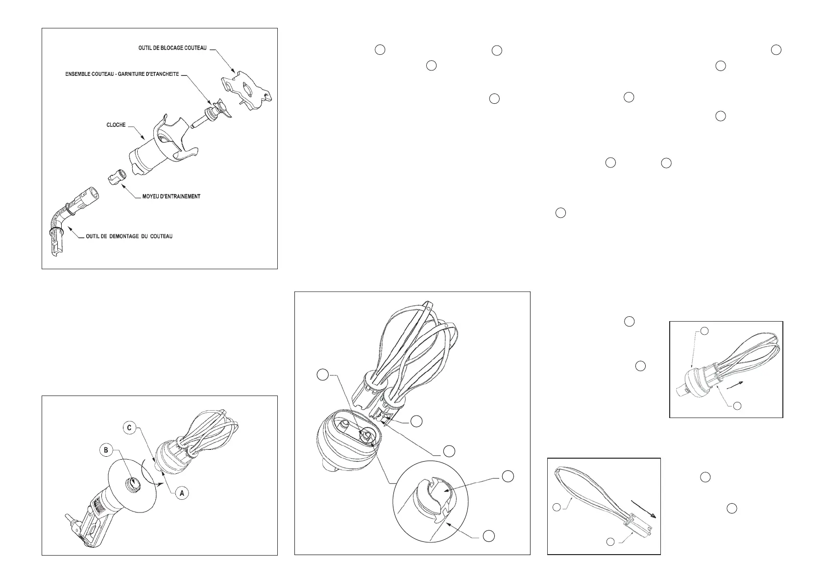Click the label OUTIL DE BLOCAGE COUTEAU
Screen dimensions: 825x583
(172, 48)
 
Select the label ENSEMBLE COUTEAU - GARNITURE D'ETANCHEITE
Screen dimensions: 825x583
(122, 74)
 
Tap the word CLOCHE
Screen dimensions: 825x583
(116, 125)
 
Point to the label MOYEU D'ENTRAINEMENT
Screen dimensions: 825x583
(171, 197)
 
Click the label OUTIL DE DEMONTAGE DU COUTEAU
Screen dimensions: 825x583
(129, 236)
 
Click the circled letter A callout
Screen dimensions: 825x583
(182, 493)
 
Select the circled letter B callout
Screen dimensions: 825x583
(106, 450)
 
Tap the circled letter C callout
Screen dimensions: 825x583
(129, 428)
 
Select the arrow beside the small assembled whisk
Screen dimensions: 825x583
(734, 385)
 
